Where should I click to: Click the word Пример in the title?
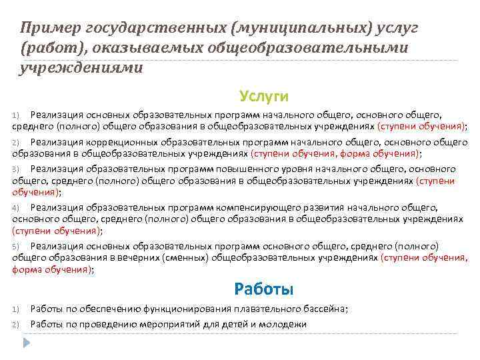point(45,27)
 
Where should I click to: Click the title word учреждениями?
point(81,68)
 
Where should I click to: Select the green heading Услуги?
point(264,97)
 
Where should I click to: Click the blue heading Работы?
point(264,289)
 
